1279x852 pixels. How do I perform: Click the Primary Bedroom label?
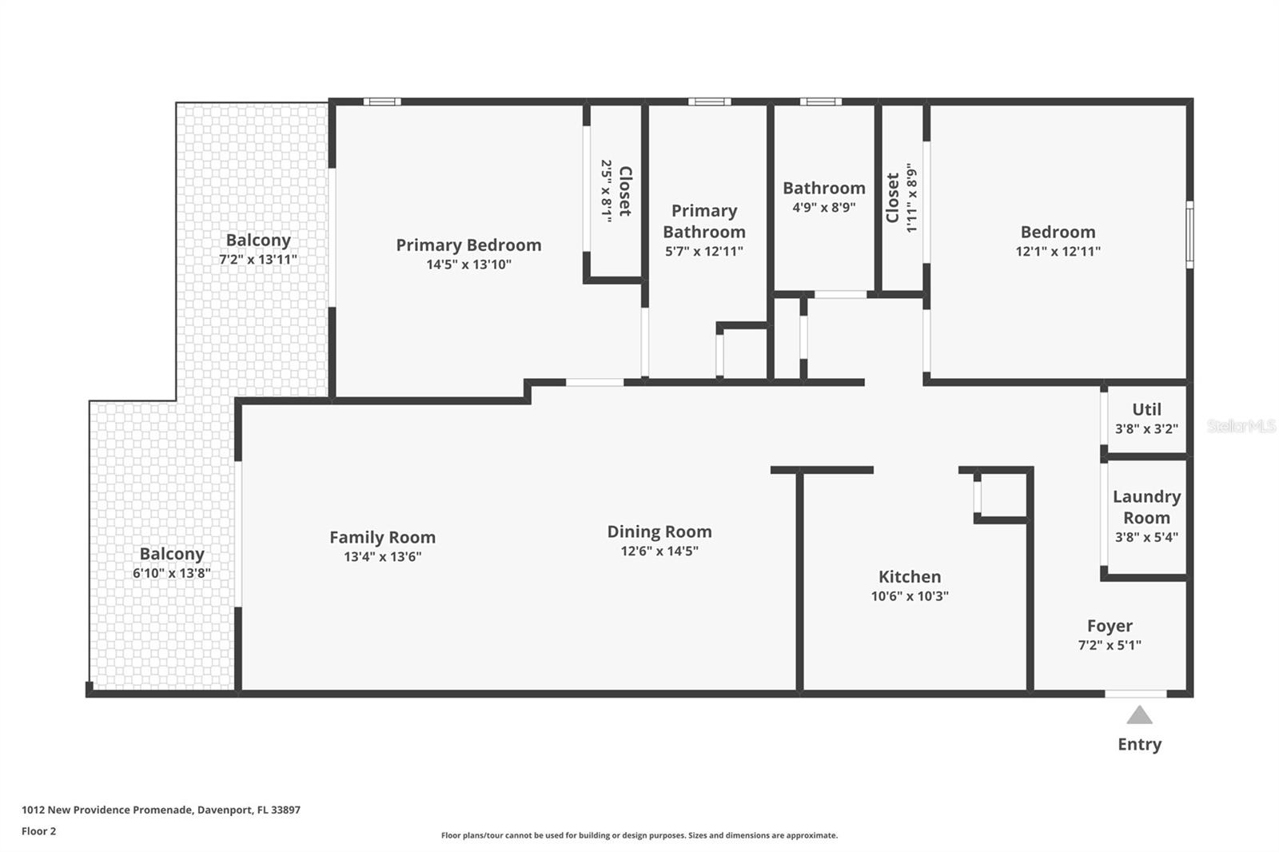pos(468,245)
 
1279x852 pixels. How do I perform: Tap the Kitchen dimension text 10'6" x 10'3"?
pos(910,596)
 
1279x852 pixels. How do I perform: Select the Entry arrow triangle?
pos(1139,715)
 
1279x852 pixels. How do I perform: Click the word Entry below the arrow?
pos(1139,744)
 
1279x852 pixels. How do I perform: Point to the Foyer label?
pos(1110,626)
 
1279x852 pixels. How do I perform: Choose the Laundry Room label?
pos(1146,507)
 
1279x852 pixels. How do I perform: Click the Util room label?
pos(1146,409)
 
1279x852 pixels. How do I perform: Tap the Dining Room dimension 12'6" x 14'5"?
pos(659,551)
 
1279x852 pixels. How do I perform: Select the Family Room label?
pos(382,537)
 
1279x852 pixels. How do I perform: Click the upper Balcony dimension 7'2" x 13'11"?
pos(258,260)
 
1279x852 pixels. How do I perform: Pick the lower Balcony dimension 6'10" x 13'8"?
pos(172,573)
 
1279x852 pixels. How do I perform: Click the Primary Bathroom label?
pos(703,221)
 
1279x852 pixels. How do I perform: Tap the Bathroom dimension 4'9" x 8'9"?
pos(823,207)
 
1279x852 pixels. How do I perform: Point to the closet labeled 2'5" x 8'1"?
pos(616,191)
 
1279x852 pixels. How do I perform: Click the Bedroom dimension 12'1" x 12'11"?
pos(1058,251)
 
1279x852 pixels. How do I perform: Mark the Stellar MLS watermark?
pos(1241,426)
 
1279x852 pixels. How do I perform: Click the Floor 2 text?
pos(38,831)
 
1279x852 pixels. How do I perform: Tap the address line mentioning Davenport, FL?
pos(161,810)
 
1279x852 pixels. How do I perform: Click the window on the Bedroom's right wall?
pos(1189,234)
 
